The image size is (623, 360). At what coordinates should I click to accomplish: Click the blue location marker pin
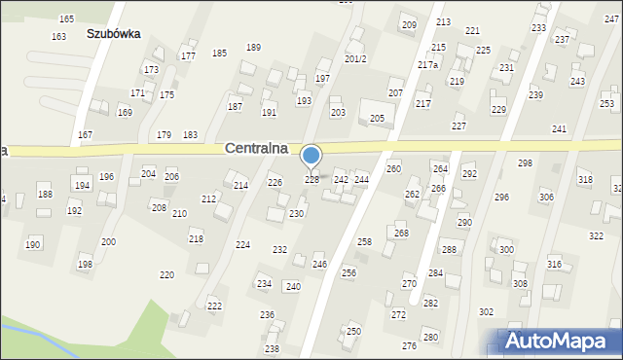[x=311, y=156]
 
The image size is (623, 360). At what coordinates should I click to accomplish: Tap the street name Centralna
[x=262, y=149]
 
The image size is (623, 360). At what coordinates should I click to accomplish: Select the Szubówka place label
[x=113, y=33]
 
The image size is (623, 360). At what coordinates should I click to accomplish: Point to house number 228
[x=312, y=179]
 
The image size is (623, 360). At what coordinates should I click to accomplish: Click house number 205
[x=377, y=118]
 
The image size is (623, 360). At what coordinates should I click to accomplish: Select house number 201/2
[x=355, y=58]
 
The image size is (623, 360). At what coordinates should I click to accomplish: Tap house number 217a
[x=427, y=65]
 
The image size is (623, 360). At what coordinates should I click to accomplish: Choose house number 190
[x=33, y=244]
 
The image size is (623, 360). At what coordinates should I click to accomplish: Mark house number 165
[x=66, y=19]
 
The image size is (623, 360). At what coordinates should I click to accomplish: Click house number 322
[x=596, y=236]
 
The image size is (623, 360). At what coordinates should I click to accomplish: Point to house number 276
[x=409, y=346]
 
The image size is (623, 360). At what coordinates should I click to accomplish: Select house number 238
[x=272, y=348]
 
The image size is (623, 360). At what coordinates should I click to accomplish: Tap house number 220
[x=166, y=275]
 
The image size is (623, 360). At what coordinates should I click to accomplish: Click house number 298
[x=525, y=162]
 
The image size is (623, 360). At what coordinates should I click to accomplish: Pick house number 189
[x=253, y=48]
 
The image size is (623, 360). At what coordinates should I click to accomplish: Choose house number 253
[x=606, y=104]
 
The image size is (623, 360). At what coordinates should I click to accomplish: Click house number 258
[x=364, y=241]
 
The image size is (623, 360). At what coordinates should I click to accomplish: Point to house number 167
[x=86, y=134]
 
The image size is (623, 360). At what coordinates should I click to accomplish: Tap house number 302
[x=486, y=312]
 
